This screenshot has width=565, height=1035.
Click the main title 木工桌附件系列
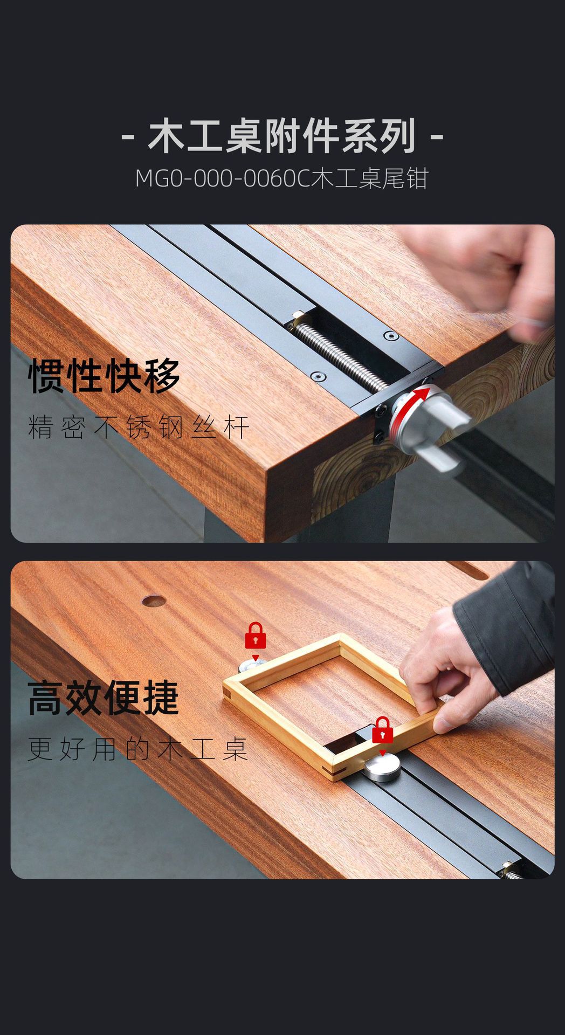click(282, 136)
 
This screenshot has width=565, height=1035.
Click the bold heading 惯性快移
click(104, 376)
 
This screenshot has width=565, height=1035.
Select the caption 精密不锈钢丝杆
click(138, 427)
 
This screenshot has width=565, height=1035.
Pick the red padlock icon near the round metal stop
click(382, 730)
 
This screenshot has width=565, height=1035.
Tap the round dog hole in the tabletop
click(154, 600)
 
